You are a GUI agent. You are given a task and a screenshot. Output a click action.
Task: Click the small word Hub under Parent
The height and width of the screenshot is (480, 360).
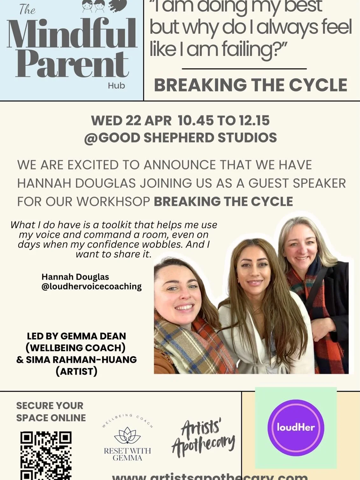116,86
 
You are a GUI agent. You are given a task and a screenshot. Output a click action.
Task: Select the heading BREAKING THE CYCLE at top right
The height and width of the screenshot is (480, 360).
251,85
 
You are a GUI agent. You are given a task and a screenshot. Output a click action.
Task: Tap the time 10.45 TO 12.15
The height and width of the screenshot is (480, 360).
223,121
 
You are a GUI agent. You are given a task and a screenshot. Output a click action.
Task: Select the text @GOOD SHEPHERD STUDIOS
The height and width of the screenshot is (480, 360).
180,138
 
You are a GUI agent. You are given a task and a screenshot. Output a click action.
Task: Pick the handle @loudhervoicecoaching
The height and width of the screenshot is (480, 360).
92,286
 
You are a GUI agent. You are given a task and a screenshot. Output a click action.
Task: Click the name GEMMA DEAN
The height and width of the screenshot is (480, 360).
93,336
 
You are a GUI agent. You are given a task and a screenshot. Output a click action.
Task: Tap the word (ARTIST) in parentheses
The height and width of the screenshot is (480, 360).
76,371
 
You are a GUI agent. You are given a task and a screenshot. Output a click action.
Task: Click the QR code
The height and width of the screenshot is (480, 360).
46,455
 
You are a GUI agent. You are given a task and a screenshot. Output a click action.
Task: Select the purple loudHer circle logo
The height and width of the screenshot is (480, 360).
296,427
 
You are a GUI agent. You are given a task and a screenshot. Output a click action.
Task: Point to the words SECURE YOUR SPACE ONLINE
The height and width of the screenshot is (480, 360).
51,412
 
